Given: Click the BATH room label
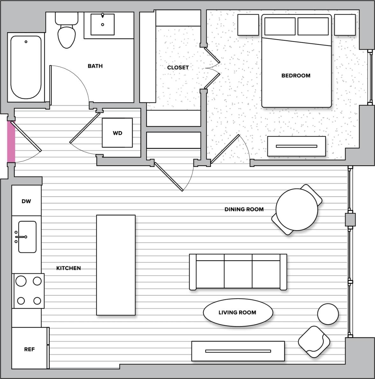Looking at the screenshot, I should point(95,66).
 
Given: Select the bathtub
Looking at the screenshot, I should point(26,68).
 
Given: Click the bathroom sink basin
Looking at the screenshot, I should point(103,24).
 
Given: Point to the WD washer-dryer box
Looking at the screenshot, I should point(117,133).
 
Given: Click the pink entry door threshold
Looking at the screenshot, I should point(11,142).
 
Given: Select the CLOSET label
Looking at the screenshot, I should point(178,68).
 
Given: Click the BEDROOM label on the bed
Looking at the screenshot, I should point(296,75).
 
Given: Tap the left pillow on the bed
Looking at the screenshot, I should point(280,26).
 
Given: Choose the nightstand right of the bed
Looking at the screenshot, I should point(345,25).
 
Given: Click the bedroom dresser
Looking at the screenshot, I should point(296,146).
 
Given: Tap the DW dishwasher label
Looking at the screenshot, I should point(26,201).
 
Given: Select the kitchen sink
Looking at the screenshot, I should point(27,237).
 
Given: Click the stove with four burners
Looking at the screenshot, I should point(29,291).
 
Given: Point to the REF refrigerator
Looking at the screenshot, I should point(29,349).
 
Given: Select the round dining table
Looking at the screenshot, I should point(297,209).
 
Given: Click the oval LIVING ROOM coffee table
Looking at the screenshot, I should point(238,313).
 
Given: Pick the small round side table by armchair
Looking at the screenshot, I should point(328,314).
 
